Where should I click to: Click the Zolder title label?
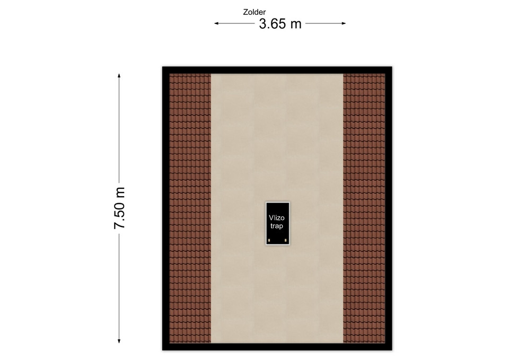[x=254, y=12]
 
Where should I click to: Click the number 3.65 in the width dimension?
[x=273, y=24]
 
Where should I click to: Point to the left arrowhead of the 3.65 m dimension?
[x=216, y=23]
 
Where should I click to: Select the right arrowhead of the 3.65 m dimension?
[x=344, y=23]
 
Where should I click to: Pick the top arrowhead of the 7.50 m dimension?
[x=119, y=76]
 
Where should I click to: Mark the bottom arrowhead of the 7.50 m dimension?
[x=119, y=341]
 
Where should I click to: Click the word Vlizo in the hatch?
[x=277, y=218]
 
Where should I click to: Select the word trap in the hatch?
[x=277, y=226]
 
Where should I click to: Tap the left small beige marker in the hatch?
[x=269, y=240]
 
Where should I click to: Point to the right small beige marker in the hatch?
[x=286, y=240]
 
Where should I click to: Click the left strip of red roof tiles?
[x=190, y=208]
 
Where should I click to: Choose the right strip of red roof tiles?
[x=364, y=208]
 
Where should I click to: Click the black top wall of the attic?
[x=277, y=70]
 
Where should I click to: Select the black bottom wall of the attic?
[x=277, y=347]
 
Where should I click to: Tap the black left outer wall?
[x=166, y=208]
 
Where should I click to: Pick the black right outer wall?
[x=389, y=208]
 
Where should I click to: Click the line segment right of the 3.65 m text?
[x=326, y=23]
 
